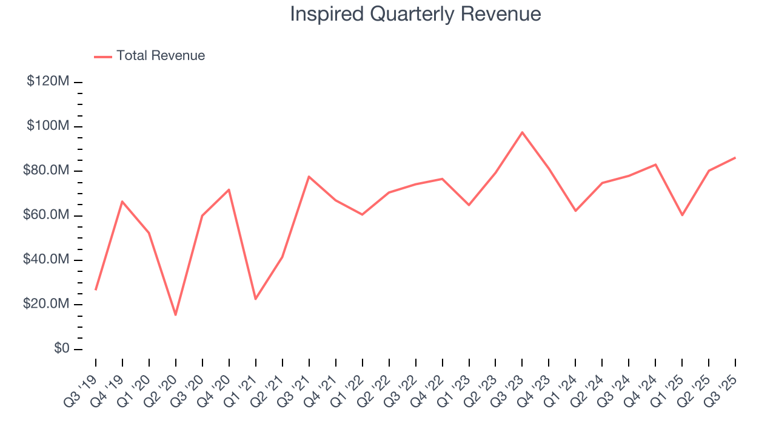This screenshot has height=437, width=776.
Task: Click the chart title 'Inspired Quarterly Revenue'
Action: coord(415,14)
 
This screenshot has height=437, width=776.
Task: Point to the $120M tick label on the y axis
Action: coord(48,81)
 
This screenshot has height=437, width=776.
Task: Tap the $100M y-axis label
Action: coord(48,126)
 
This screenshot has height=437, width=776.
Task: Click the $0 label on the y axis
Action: coord(60,349)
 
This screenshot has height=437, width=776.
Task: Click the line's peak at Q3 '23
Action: coord(522,132)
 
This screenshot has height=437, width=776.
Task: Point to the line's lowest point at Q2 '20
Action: coord(176,314)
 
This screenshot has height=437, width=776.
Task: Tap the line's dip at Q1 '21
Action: coord(256,299)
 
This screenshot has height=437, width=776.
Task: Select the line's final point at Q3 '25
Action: coord(735,158)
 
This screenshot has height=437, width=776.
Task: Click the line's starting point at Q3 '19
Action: coord(96,290)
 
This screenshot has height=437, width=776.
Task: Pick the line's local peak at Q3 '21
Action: coord(309,177)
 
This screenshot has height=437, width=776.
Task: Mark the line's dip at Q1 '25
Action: coord(682,215)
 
